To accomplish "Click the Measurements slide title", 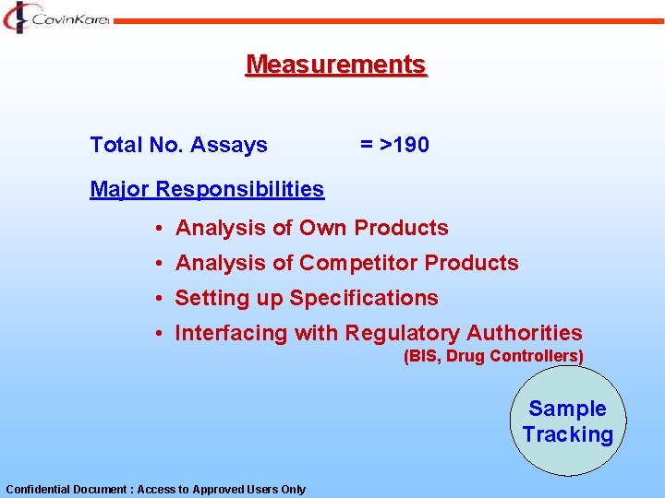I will (336, 65).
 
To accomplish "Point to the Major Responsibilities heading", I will (207, 189).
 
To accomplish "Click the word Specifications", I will (364, 298).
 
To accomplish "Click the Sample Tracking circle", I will (567, 421).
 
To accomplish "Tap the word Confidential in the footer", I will (36, 490).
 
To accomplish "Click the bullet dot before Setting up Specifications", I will (160, 298).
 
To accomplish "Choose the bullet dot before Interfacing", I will (160, 333).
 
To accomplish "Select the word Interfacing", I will (231, 333).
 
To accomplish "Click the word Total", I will (114, 145).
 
